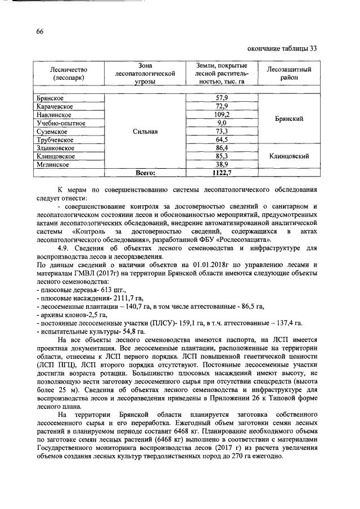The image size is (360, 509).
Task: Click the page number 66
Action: tap(39, 31)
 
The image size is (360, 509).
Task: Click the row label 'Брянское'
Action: tap(50, 98)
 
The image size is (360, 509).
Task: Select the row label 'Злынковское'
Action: tap(55, 148)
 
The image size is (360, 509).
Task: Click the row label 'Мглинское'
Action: tap(53, 164)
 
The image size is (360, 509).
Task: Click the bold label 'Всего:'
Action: tap(142, 173)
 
